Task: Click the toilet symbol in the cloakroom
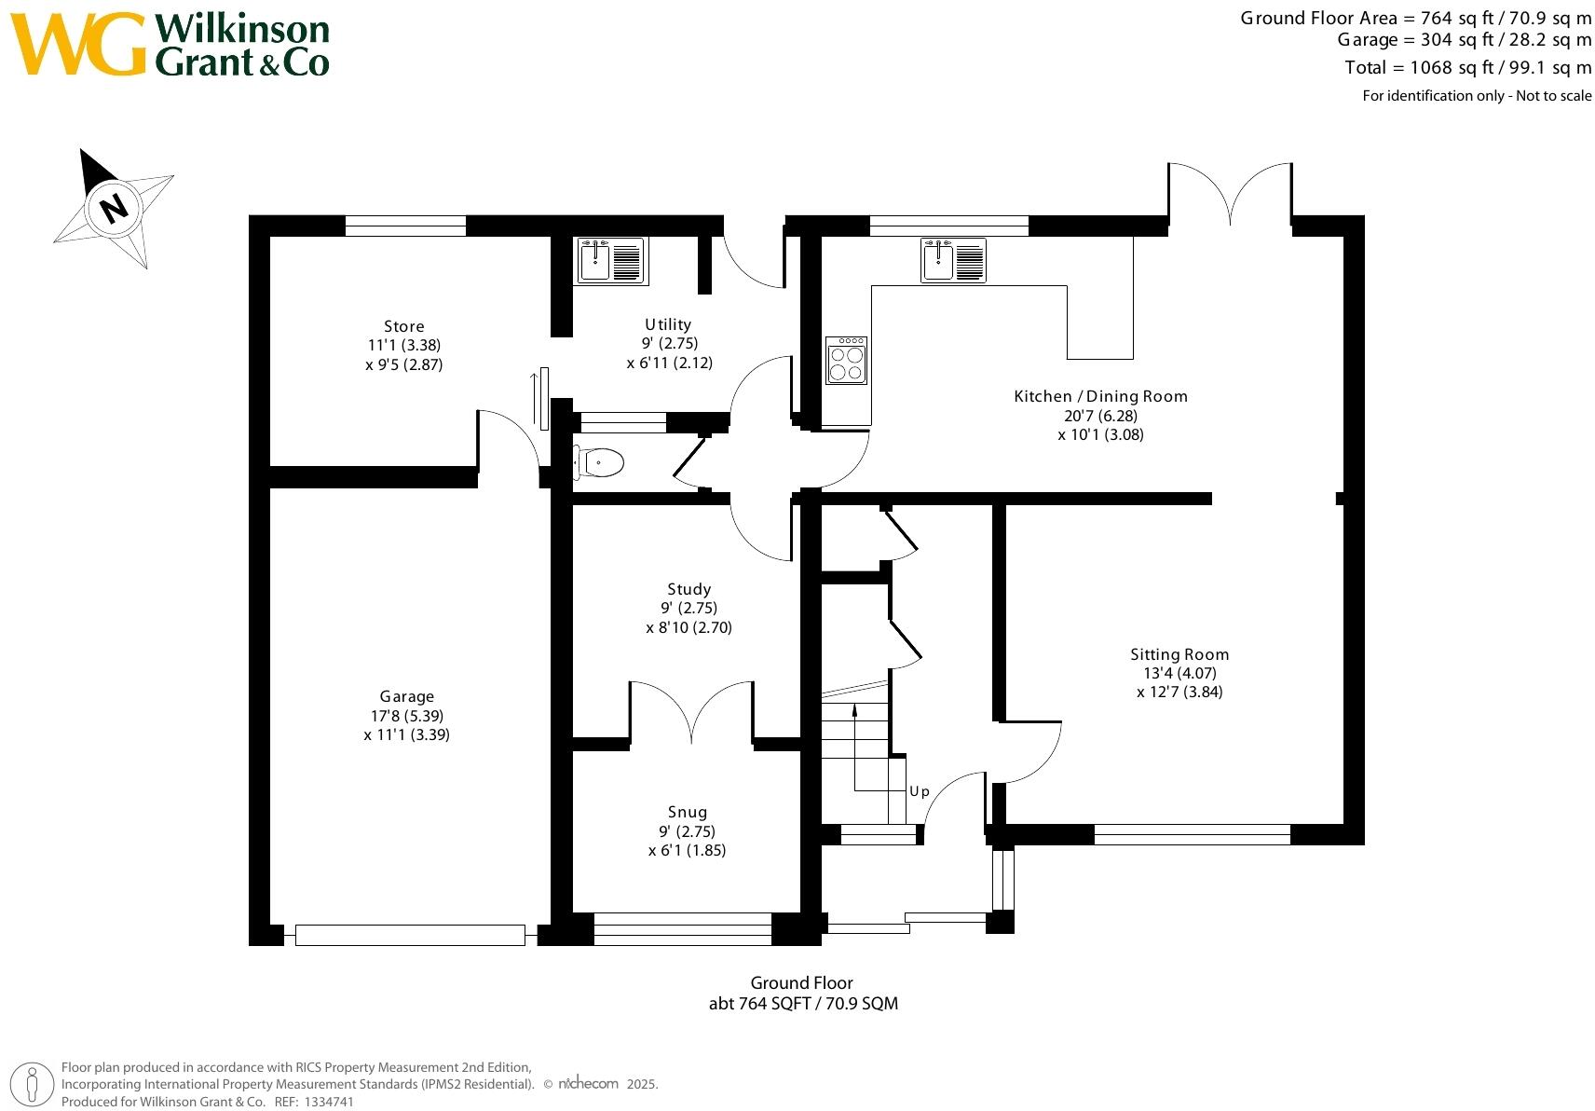point(599,463)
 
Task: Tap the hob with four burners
point(847,361)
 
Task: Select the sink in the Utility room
point(612,261)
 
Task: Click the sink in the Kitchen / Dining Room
point(953,260)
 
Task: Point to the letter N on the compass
point(114,209)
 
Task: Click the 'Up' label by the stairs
point(920,791)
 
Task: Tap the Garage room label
point(406,696)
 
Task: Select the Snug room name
point(688,813)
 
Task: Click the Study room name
point(688,590)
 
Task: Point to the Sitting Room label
point(1179,654)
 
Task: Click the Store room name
point(403,326)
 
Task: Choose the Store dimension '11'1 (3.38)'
point(403,346)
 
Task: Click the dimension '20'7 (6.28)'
point(1101,416)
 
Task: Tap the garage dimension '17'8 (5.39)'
point(406,716)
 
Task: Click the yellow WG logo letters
point(78,44)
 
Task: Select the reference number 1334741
point(329,1102)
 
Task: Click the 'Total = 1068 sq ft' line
point(1467,68)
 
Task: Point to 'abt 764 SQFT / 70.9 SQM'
point(803,1004)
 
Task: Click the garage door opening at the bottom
point(410,935)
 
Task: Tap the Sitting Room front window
point(1192,835)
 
